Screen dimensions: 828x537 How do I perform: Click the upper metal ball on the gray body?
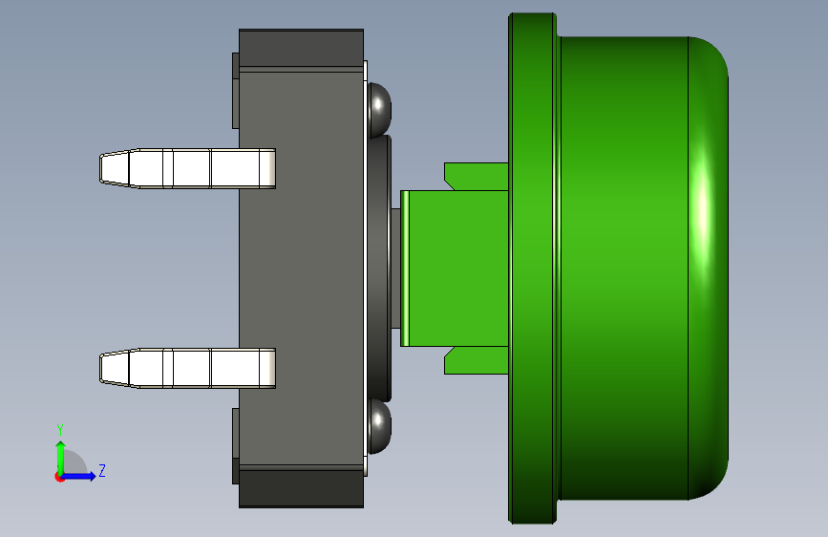[x=379, y=109]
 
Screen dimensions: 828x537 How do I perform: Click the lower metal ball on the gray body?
[x=379, y=426]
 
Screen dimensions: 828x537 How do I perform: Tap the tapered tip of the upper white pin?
[x=115, y=168]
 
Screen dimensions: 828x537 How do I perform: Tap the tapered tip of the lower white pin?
[x=115, y=368]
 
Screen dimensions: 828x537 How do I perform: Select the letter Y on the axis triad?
[x=60, y=430]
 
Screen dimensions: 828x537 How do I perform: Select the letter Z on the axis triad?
[x=102, y=470]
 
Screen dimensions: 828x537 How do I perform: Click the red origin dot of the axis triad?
[x=59, y=477]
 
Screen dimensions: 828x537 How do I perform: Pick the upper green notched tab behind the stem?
[x=476, y=177]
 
